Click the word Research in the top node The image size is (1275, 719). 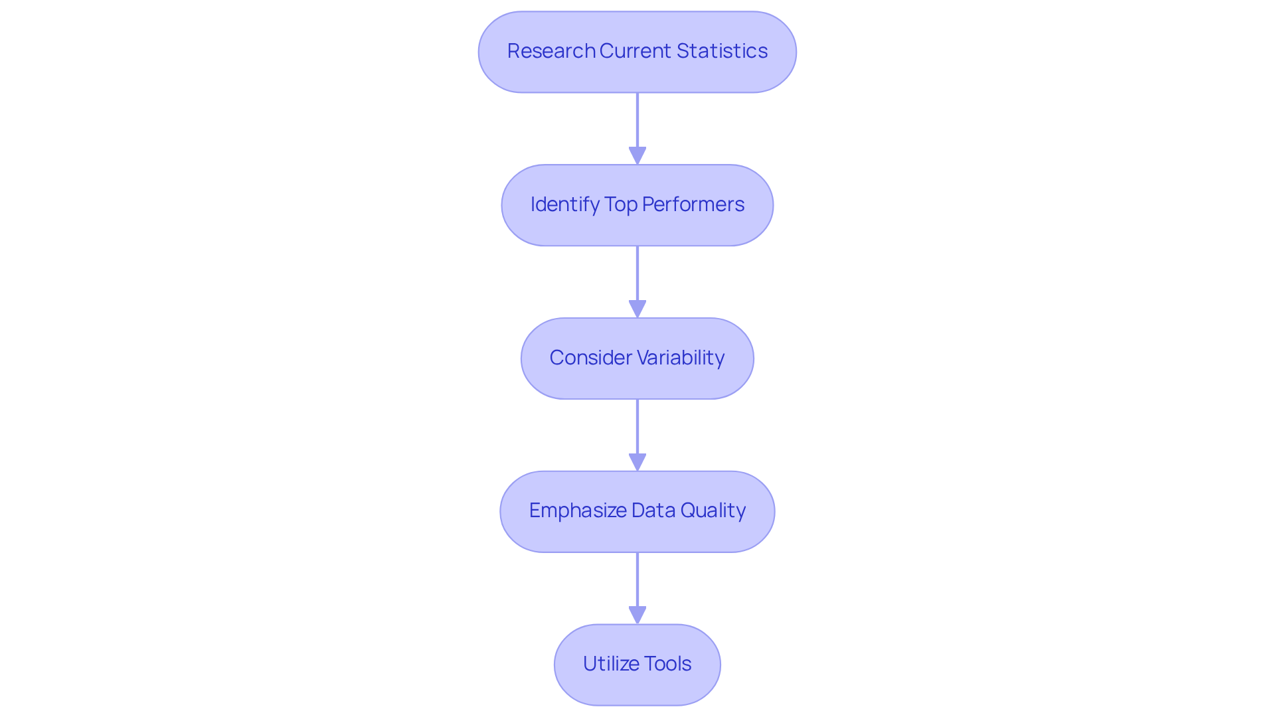(551, 51)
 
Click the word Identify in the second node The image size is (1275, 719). (564, 204)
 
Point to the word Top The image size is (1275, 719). (621, 204)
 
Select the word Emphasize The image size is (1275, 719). (578, 511)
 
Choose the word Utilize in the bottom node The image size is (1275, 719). (608, 664)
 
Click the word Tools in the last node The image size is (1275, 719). (668, 664)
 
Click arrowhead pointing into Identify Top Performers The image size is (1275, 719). (637, 155)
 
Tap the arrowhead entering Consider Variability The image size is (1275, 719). (637, 309)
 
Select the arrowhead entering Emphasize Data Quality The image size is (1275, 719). (637, 462)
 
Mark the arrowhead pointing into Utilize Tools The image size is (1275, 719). (637, 615)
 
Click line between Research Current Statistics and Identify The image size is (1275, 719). (637, 120)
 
